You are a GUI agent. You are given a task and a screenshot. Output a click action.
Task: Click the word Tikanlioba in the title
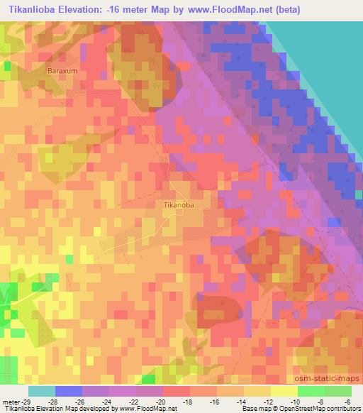pos(35,10)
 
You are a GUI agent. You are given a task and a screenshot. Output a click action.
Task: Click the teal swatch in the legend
pos(42,391)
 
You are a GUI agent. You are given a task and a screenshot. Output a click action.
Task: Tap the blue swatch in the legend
pos(69,391)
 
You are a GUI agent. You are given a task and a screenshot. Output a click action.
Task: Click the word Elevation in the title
pos(86,10)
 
